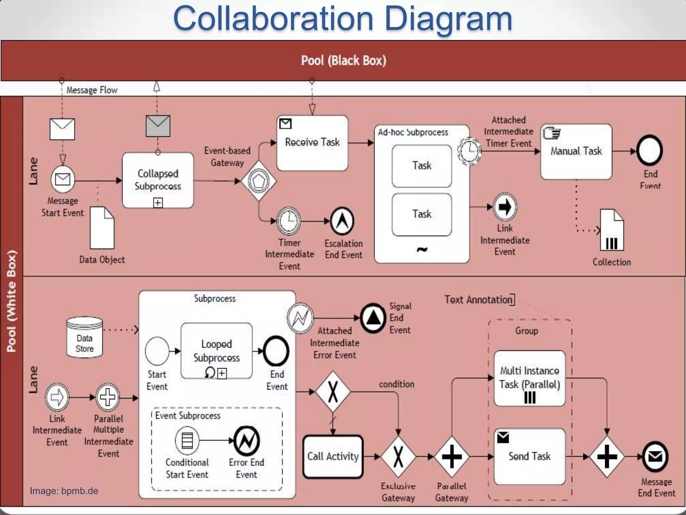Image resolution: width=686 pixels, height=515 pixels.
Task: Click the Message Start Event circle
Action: tap(63, 179)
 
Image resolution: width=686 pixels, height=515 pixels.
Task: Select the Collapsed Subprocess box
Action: tap(158, 180)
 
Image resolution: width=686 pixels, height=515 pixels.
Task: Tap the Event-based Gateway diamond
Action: tap(259, 181)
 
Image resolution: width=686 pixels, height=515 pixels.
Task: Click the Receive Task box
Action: tap(312, 143)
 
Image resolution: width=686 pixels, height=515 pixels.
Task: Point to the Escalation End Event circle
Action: tap(342, 221)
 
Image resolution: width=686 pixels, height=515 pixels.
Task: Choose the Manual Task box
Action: tap(576, 152)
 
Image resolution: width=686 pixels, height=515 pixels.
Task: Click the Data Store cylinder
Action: tap(84, 337)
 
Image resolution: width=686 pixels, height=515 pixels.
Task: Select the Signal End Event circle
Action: tap(373, 318)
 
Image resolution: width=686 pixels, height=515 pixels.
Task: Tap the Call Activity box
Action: tap(333, 456)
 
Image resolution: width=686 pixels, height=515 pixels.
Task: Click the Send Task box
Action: tap(530, 456)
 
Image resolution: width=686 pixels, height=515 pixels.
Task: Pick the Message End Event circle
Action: tap(655, 457)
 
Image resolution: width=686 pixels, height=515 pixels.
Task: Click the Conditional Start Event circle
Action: tap(187, 440)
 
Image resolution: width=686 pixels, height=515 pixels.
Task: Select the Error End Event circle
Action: tap(247, 441)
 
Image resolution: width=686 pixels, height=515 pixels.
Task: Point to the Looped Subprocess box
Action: tap(216, 351)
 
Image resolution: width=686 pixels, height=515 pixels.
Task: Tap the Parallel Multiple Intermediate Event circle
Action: tap(108, 398)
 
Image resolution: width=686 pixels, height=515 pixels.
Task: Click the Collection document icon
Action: tap(612, 230)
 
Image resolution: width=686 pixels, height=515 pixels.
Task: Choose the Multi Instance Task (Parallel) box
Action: tap(530, 378)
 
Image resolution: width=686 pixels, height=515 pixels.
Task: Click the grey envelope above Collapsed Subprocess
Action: tap(158, 126)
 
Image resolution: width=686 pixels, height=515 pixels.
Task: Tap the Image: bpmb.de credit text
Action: tap(64, 491)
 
